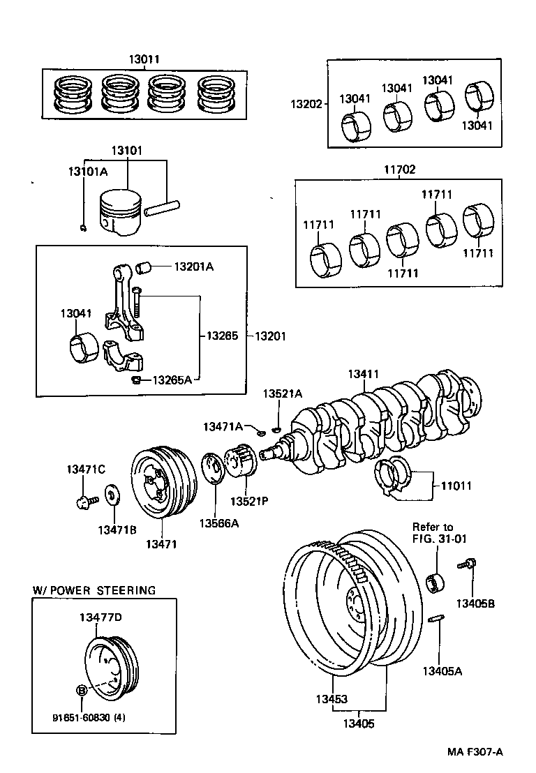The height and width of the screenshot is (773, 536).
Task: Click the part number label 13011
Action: pos(142,61)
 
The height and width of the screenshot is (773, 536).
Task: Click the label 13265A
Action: pos(171,380)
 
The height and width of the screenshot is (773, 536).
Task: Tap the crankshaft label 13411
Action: pos(364,375)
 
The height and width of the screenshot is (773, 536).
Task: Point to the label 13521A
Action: pos(283,394)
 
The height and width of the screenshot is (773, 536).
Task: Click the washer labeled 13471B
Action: pos(111,497)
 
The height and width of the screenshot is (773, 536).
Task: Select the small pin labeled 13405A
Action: pos(434,620)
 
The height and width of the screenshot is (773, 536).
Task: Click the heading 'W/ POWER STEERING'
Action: pos(94,590)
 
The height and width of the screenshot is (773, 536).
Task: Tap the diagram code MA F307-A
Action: pos(476,751)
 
